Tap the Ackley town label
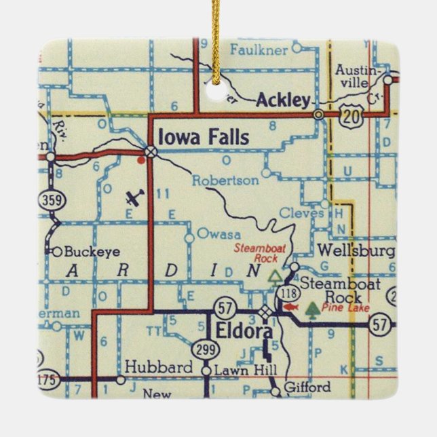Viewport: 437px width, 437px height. [283, 101]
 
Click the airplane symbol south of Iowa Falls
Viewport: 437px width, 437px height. [135, 198]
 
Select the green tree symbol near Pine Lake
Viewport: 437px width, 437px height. [312, 309]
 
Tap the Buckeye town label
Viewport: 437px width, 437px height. [92, 251]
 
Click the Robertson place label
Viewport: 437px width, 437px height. [225, 180]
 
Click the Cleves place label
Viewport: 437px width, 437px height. [302, 213]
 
